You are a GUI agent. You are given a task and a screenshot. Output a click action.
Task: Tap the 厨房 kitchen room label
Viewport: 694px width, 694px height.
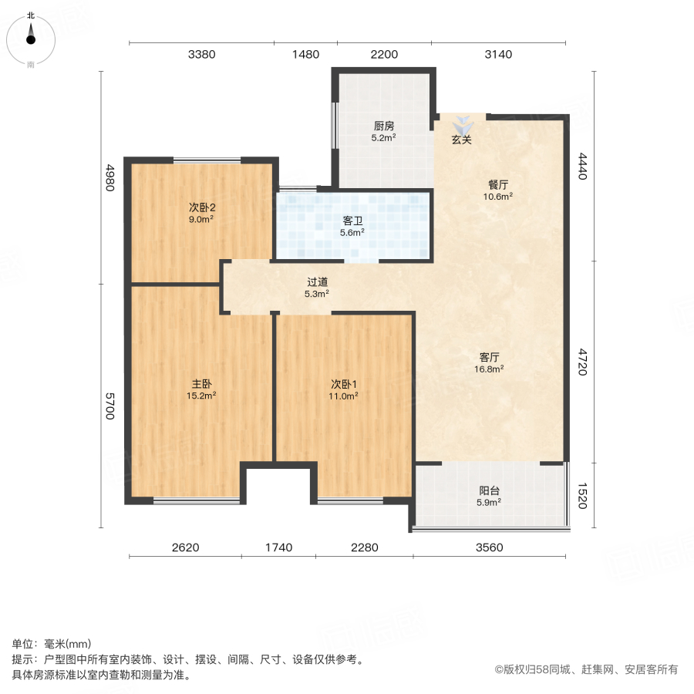(384, 126)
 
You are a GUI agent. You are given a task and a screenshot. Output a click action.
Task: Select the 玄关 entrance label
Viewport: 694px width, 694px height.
(461, 140)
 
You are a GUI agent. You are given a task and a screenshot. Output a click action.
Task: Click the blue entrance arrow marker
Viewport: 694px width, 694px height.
(462, 124)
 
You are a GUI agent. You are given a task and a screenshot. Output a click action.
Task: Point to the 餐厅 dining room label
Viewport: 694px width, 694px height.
(498, 184)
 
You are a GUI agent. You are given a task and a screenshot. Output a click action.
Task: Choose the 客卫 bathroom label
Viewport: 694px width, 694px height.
(353, 220)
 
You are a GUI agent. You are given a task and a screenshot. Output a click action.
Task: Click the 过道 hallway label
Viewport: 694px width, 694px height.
(317, 281)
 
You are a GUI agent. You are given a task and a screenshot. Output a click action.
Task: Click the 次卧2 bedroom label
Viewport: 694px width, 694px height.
(202, 207)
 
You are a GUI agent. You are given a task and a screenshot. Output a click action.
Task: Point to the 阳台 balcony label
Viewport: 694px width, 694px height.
(488, 490)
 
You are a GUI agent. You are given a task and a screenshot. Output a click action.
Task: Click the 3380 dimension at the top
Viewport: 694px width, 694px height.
(201, 54)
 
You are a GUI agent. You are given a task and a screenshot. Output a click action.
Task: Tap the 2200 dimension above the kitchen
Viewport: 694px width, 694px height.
(384, 54)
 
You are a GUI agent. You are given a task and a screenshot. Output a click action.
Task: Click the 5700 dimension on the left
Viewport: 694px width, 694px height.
(110, 406)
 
